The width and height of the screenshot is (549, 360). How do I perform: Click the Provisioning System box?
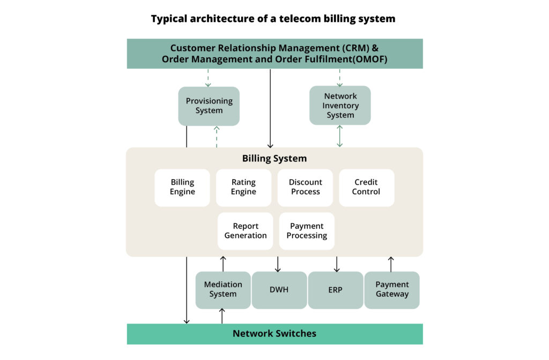[209, 106]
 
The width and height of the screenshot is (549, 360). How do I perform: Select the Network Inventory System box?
[340, 106]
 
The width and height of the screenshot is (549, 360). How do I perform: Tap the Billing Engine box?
[182, 187]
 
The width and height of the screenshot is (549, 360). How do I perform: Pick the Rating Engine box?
[243, 187]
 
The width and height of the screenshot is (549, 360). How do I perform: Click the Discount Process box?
[305, 187]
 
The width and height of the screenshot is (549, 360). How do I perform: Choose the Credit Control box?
[366, 187]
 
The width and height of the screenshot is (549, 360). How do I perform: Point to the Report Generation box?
[246, 231]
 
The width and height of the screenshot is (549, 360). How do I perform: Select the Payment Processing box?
[307, 231]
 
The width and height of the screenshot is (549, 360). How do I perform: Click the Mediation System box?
[223, 290]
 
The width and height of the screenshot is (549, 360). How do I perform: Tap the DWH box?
[279, 290]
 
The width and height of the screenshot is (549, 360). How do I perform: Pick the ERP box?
[335, 290]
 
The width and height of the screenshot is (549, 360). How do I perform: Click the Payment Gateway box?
[392, 290]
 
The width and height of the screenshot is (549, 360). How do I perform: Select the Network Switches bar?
[274, 334]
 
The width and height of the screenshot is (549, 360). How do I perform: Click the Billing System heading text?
[274, 158]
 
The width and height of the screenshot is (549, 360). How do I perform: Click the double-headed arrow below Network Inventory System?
[340, 136]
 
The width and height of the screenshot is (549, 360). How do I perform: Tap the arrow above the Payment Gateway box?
[391, 264]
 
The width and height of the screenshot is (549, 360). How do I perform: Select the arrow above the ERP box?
[336, 264]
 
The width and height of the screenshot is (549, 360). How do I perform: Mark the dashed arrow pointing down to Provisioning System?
[209, 78]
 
